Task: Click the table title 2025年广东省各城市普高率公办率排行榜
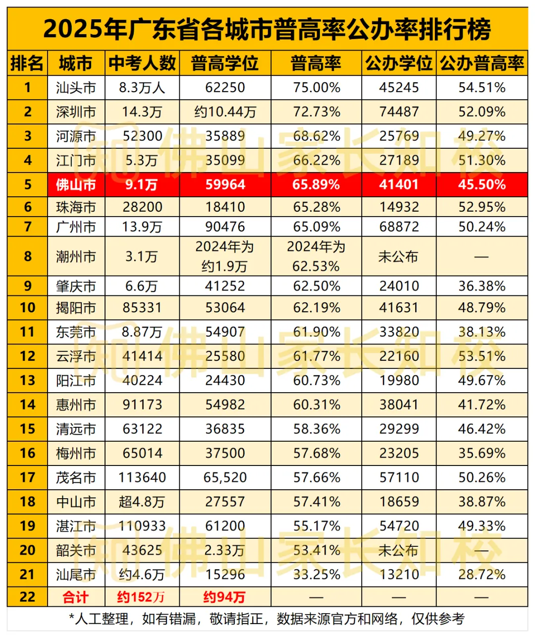tap(267, 29)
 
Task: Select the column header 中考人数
tap(142, 63)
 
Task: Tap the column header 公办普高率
tap(481, 63)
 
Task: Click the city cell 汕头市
tap(76, 88)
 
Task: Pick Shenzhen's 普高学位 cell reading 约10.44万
tap(225, 112)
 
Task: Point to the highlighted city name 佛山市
tap(76, 185)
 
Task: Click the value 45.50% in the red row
tap(481, 185)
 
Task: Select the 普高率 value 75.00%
tap(317, 88)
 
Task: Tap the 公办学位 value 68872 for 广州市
tap(399, 227)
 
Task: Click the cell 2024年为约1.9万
tap(225, 256)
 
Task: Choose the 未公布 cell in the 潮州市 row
tap(399, 257)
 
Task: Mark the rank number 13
tap(28, 381)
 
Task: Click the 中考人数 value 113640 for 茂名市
tap(142, 478)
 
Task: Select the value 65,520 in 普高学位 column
tap(225, 478)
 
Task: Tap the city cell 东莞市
tap(76, 332)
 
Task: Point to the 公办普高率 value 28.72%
tap(481, 575)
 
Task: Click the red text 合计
tap(76, 597)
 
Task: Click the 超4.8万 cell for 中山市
tap(142, 502)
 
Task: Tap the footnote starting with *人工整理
tap(267, 619)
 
